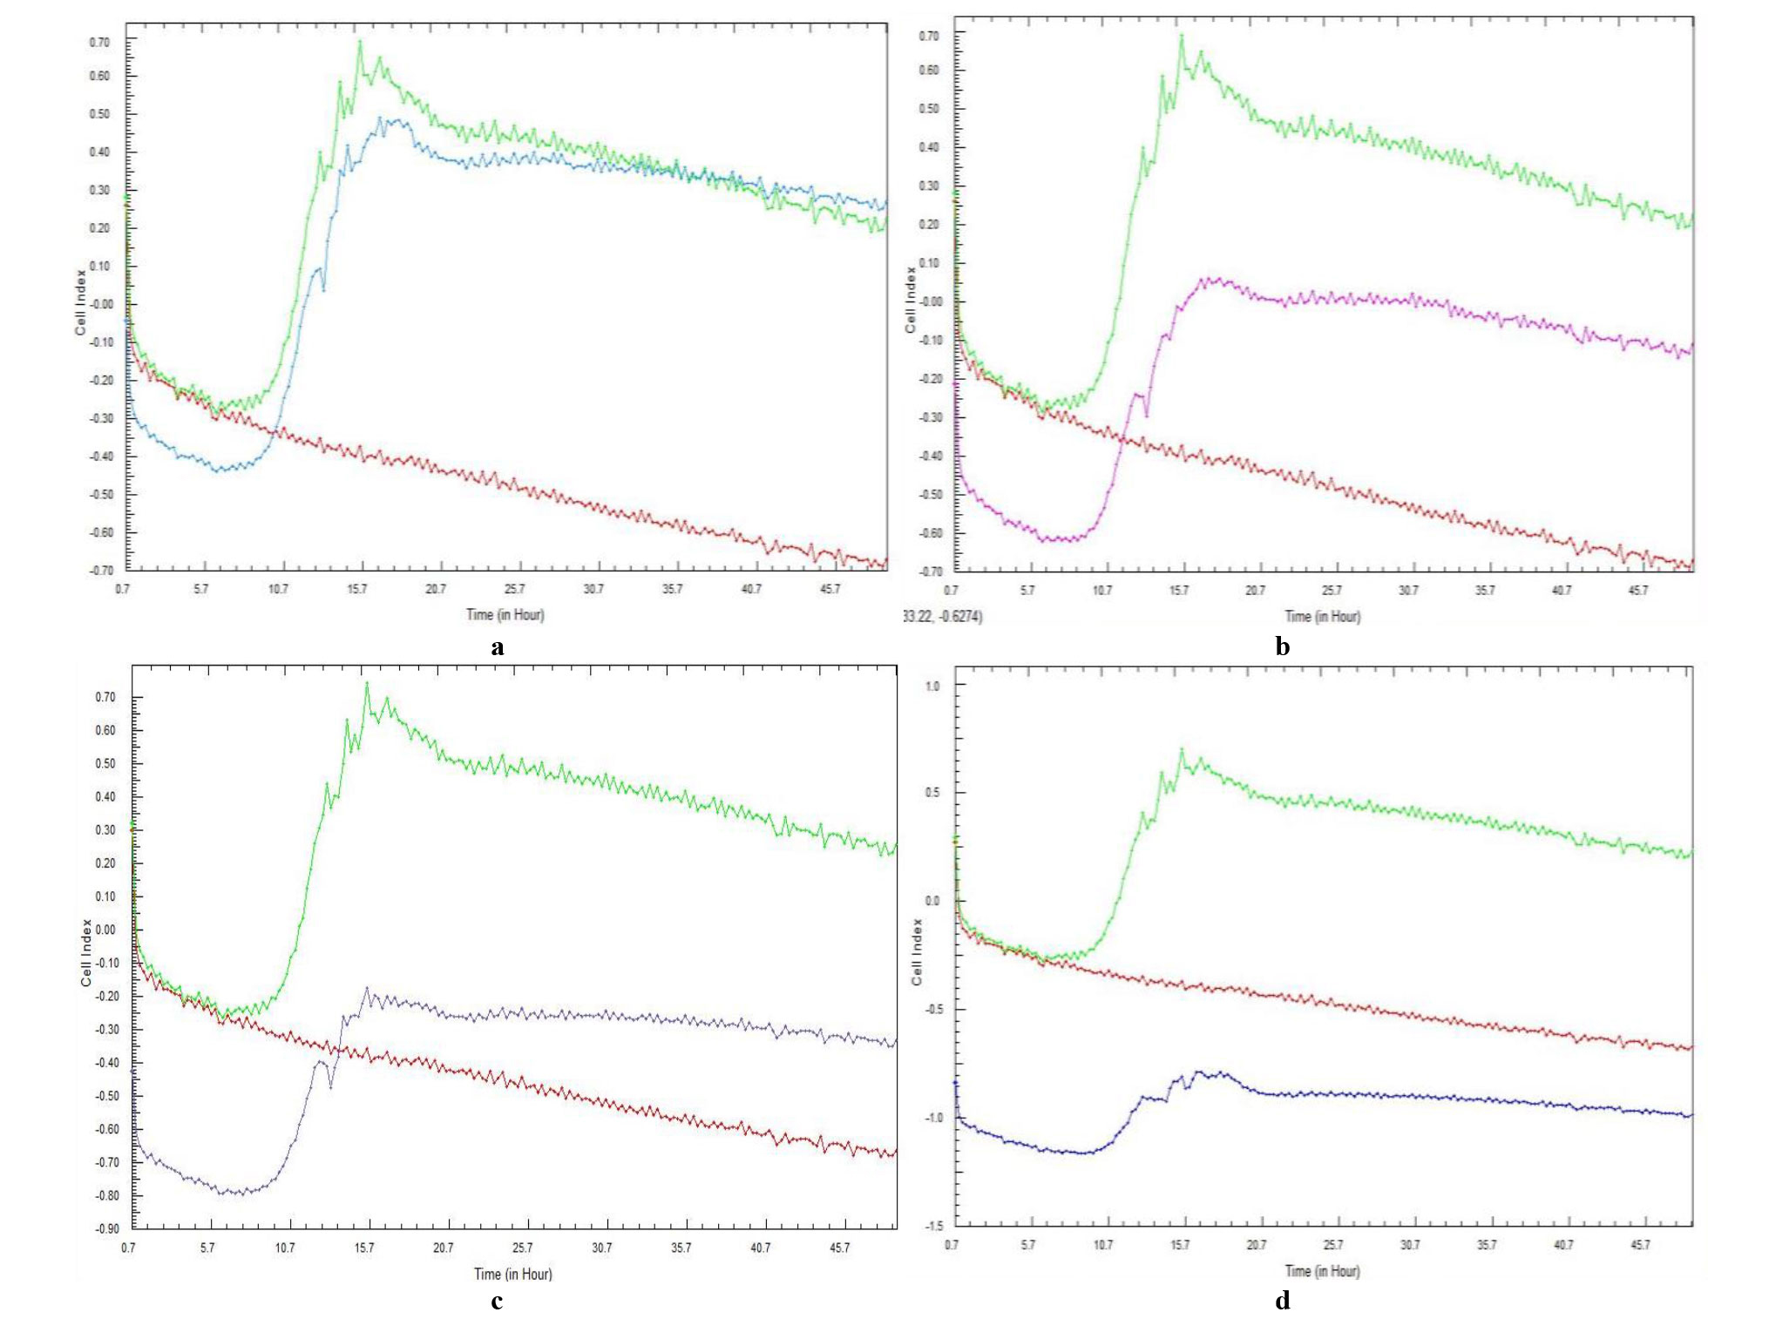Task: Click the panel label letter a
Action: [498, 647]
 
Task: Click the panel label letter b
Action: [1282, 646]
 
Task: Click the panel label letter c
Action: [497, 1302]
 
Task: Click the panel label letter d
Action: [1283, 1300]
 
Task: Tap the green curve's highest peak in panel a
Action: [359, 41]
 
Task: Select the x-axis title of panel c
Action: [513, 1274]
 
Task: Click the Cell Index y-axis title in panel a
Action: [80, 302]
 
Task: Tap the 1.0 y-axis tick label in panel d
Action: [932, 686]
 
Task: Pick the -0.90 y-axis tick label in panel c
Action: [107, 1228]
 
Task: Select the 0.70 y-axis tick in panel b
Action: [930, 36]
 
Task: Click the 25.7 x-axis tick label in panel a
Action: [515, 589]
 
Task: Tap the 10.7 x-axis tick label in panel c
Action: [285, 1248]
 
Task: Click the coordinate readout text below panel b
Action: [943, 617]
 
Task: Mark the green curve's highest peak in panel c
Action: [367, 683]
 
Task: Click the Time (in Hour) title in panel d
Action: [1323, 1270]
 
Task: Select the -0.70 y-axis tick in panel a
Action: [101, 571]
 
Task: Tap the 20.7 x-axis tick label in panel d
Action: [1257, 1245]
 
